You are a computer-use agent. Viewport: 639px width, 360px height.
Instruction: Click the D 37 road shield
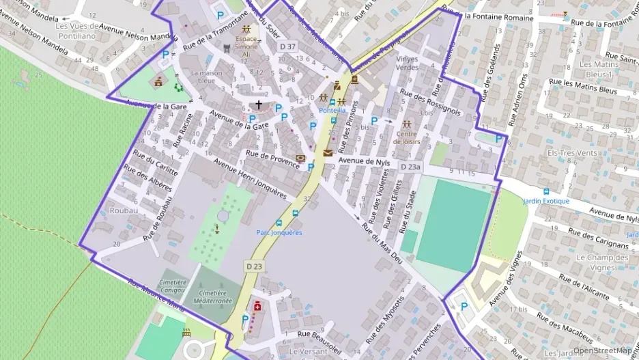point(288,46)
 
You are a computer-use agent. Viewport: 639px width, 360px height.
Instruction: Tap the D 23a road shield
point(411,167)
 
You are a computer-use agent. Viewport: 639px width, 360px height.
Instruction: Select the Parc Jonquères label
point(279,232)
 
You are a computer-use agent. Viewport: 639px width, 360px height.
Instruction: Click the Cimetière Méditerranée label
point(212,296)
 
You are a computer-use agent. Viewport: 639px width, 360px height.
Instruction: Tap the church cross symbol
point(259,105)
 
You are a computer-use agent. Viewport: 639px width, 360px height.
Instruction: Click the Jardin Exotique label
point(545,202)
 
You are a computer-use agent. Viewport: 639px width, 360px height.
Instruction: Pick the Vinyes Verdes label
point(407,63)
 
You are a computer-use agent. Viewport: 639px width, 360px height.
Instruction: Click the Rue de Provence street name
point(273,158)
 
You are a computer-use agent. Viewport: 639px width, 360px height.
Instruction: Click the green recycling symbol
point(179,87)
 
